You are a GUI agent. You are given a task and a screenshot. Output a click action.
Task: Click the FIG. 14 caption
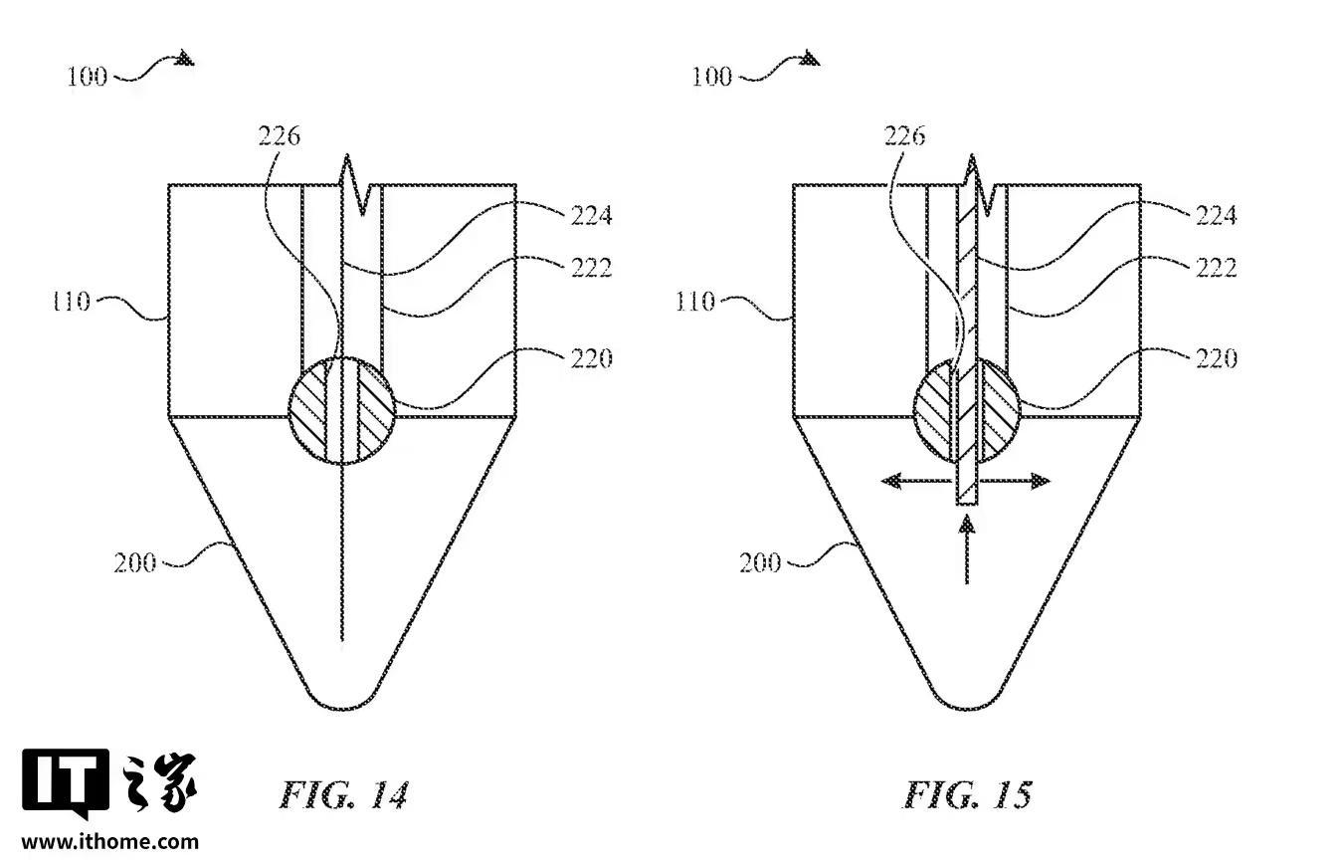(343, 794)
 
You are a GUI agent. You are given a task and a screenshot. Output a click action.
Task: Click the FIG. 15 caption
(968, 794)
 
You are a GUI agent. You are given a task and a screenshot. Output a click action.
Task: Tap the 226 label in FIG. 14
(279, 136)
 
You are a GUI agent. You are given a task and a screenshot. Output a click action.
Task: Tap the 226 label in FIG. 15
(904, 136)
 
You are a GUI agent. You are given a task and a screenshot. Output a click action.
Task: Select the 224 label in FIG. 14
(591, 215)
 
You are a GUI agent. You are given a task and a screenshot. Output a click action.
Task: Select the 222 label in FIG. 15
(1217, 268)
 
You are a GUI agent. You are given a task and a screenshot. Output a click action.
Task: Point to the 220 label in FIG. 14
(591, 358)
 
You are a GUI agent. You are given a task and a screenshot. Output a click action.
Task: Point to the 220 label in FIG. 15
(1217, 358)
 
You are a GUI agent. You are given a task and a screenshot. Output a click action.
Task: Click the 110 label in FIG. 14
(72, 302)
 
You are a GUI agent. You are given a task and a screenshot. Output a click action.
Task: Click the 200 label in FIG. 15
(760, 562)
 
